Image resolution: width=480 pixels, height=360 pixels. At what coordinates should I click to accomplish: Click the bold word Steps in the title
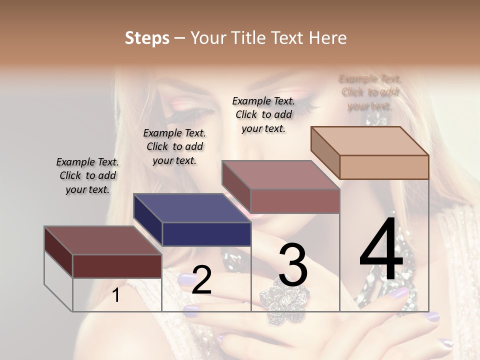[147, 38]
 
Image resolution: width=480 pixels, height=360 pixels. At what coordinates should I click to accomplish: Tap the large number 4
[381, 250]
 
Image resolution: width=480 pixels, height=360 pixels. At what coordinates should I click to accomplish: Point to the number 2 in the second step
[201, 280]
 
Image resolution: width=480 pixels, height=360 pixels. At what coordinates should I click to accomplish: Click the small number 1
[116, 295]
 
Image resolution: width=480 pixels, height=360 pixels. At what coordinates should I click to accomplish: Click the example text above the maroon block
[87, 175]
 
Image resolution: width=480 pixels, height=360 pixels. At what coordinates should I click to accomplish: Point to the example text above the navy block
[174, 146]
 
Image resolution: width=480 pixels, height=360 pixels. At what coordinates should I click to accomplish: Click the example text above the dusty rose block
[263, 114]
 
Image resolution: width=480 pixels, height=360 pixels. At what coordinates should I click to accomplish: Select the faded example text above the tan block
[369, 92]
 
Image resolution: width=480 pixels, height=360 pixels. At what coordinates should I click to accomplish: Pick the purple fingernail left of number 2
[184, 278]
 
